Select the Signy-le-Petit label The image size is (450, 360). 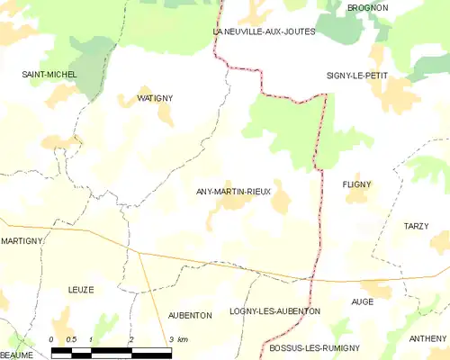[357, 76]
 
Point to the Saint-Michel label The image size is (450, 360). [49, 74]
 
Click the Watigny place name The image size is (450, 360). [155, 97]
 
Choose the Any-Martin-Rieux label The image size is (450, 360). [232, 192]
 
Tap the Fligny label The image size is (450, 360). [356, 184]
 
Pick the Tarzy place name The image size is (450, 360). [416, 226]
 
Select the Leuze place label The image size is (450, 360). [81, 289]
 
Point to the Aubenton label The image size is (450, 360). [190, 315]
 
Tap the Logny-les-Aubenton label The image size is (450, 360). [274, 310]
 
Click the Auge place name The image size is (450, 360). [363, 301]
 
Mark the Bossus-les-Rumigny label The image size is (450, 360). [315, 347]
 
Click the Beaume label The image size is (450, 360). [16, 355]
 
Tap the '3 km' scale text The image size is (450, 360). [178, 339]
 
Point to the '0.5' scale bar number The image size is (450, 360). [72, 339]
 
